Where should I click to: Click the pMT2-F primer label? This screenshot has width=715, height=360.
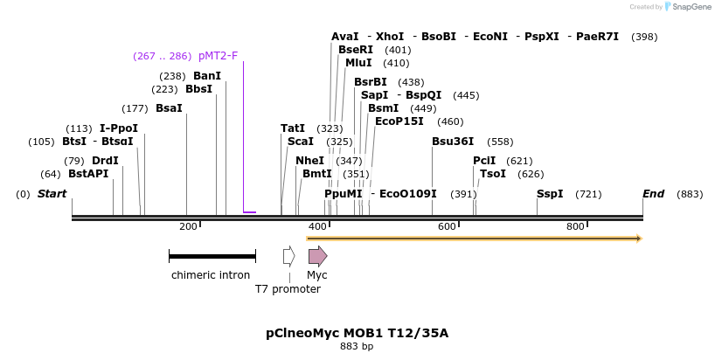[x=218, y=56]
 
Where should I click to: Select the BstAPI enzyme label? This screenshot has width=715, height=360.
[x=88, y=174]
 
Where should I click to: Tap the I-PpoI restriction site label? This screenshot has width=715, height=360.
[x=119, y=128]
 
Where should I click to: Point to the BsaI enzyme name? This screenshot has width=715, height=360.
[x=169, y=108]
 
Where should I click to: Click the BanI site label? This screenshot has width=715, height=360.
[x=207, y=76]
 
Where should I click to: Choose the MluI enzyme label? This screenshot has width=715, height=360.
[x=358, y=63]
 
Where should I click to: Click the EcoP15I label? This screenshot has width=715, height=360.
[x=400, y=121]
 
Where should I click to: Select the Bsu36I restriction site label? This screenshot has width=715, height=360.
[x=453, y=142]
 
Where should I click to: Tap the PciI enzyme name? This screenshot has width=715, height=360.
[x=484, y=161]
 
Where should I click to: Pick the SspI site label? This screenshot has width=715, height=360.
[x=550, y=193]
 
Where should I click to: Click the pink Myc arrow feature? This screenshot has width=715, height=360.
[x=317, y=256]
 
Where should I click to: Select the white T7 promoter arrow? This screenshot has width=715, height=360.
[x=288, y=256]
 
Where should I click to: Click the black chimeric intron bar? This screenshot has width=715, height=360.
[x=212, y=256]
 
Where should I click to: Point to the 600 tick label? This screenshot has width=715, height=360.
[x=447, y=227]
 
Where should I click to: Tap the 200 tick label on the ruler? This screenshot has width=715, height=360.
[x=188, y=227]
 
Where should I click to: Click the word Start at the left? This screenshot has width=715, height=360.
[x=52, y=193]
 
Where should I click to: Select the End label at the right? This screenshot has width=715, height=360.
[x=653, y=193]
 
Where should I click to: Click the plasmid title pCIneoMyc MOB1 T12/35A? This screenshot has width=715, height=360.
[x=357, y=333]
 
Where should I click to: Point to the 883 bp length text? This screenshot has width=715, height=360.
[x=357, y=347]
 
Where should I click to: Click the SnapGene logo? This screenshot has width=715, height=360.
[x=686, y=7]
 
